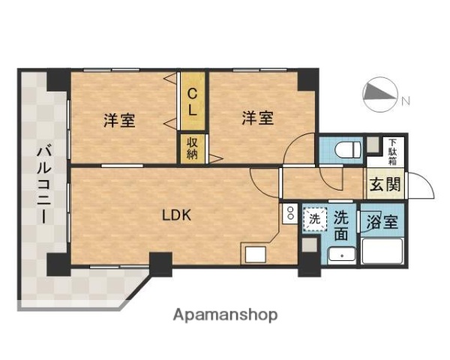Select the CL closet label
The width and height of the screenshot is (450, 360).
[x=193, y=101]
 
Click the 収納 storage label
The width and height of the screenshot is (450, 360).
[x=193, y=147]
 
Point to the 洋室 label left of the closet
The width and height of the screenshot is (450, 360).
[x=119, y=119]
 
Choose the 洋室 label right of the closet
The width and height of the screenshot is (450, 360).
[x=256, y=118]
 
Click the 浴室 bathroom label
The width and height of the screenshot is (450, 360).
[x=382, y=222]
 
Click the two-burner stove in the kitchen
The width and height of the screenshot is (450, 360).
[x=289, y=214]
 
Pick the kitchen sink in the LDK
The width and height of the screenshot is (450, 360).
[x=254, y=253]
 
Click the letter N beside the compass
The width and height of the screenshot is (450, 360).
[x=405, y=100]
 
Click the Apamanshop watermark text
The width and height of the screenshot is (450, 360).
[x=226, y=315]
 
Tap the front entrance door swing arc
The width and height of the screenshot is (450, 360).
[x=422, y=187]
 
